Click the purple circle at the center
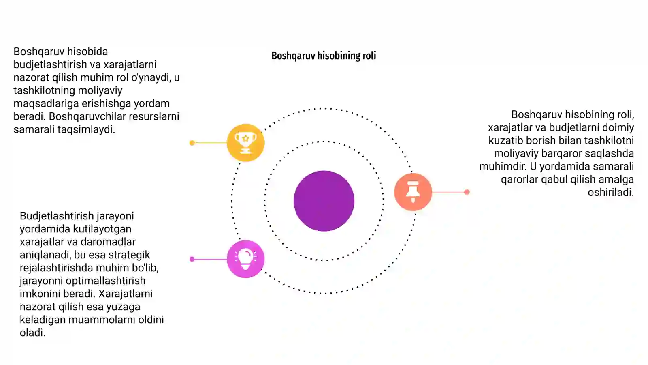tap(324, 201)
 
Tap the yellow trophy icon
tap(245, 142)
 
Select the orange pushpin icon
tap(413, 192)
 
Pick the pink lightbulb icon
tap(245, 259)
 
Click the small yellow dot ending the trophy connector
tap(192, 143)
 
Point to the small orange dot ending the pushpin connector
tap(467, 192)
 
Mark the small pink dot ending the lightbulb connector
tap(192, 259)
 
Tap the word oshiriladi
tap(611, 192)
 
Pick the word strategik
tap(129, 255)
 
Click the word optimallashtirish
tap(106, 281)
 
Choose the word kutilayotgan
tap(102, 229)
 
